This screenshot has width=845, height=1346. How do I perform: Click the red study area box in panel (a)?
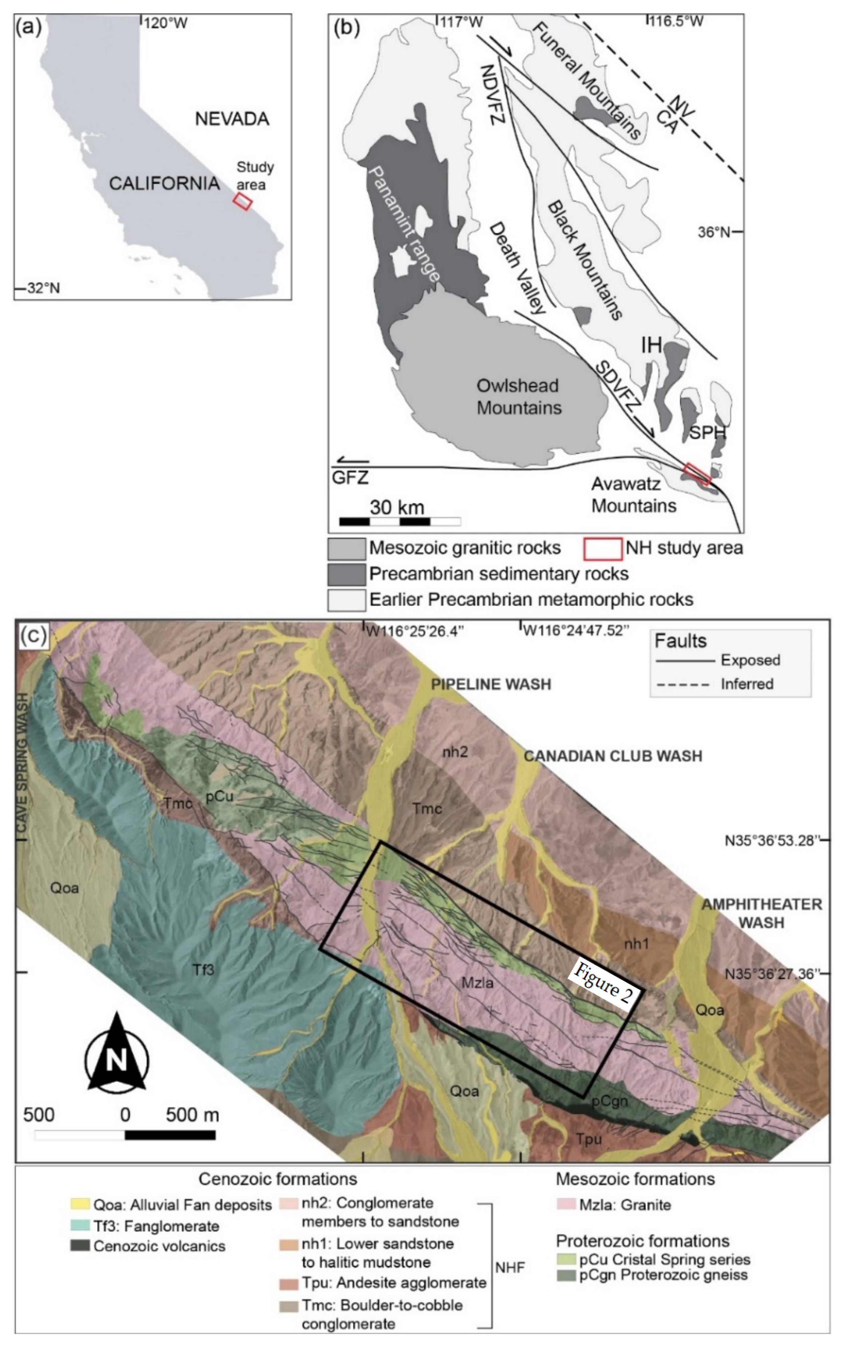tap(243, 201)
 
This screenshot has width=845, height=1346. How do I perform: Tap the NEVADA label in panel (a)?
tap(232, 119)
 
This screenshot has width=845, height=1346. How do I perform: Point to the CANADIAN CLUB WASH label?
tap(613, 756)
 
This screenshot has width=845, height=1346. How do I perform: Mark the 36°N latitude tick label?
tap(714, 232)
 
